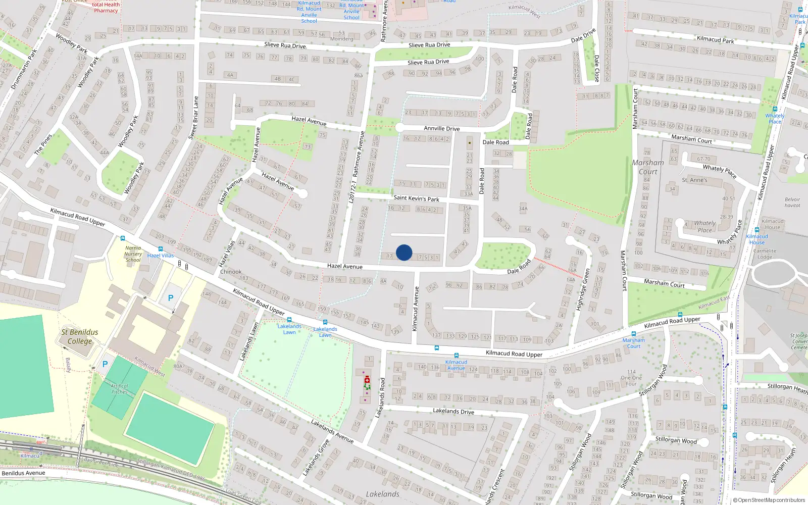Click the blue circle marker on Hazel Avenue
click(x=404, y=252)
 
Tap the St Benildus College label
click(x=80, y=336)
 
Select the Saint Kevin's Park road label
click(x=416, y=198)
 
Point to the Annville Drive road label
click(x=441, y=128)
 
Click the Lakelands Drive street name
click(x=453, y=411)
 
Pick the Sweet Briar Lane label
click(x=193, y=118)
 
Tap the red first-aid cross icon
click(x=367, y=379)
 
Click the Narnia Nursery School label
click(x=133, y=254)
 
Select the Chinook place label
click(x=231, y=272)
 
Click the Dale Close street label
click(x=596, y=68)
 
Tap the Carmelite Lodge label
click(x=765, y=254)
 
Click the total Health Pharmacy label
click(x=106, y=7)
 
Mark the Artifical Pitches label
click(x=119, y=388)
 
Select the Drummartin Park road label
click(x=24, y=69)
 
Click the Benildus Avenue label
click(x=23, y=473)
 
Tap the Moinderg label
click(x=341, y=39)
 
